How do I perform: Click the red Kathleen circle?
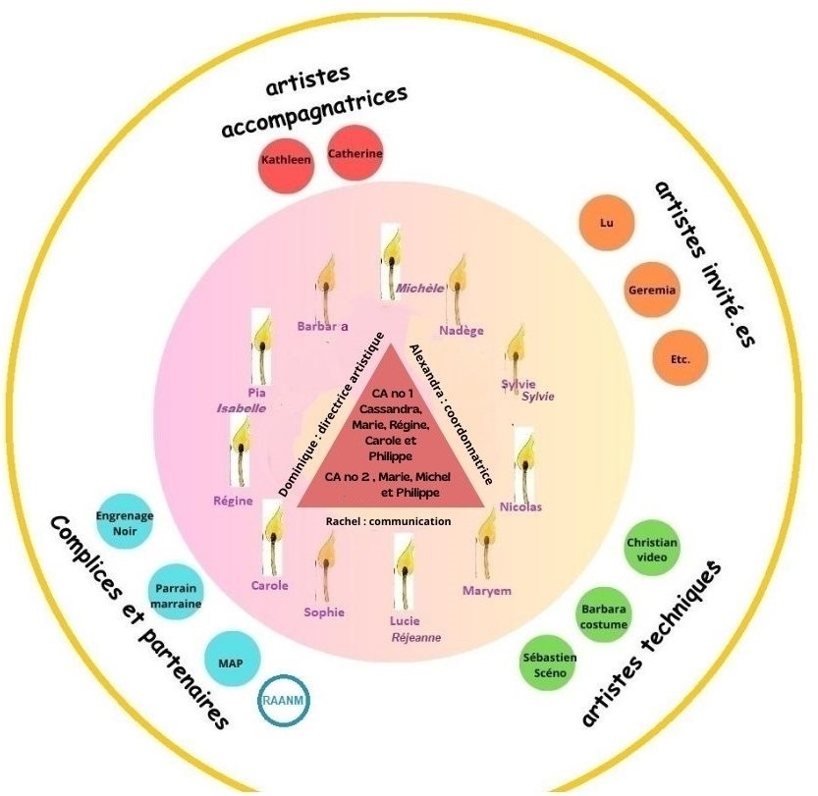click(x=286, y=158)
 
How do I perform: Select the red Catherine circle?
click(x=354, y=153)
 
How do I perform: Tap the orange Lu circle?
click(x=606, y=223)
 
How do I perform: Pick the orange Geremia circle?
click(x=651, y=291)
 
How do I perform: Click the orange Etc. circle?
click(x=680, y=358)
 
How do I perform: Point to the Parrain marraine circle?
click(x=177, y=595)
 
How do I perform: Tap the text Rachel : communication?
click(x=388, y=521)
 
